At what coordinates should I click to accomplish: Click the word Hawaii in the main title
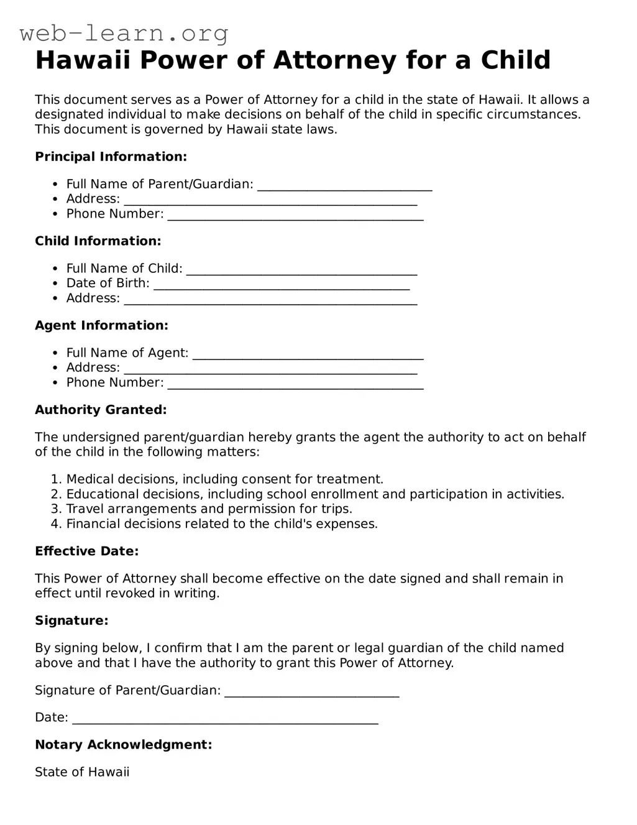click(x=83, y=61)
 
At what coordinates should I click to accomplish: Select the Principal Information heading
click(x=111, y=157)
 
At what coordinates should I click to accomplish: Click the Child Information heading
click(x=98, y=241)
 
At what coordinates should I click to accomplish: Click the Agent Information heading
click(x=101, y=326)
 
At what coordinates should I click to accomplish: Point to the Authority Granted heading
click(x=101, y=410)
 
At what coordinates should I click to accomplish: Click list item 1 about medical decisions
click(x=224, y=479)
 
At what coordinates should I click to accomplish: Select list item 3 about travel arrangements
click(x=209, y=509)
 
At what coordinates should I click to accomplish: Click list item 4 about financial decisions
click(x=222, y=524)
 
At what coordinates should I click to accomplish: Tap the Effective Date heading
click(x=86, y=551)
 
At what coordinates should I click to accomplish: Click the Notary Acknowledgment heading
click(x=123, y=745)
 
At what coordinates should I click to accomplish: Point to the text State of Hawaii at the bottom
click(x=82, y=772)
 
